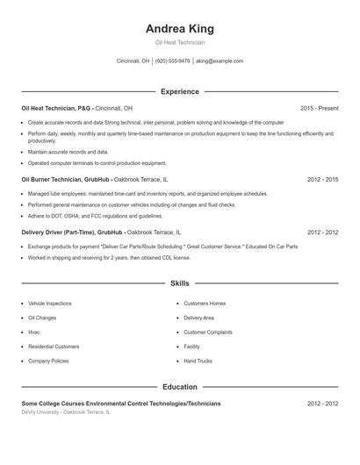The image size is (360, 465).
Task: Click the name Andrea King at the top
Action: click(179, 28)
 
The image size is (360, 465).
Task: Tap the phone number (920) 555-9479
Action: click(173, 61)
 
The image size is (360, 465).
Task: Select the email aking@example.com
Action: click(220, 61)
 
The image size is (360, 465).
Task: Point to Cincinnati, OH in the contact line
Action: click(133, 61)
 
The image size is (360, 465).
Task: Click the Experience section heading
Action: click(179, 91)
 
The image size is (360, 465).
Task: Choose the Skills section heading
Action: click(179, 283)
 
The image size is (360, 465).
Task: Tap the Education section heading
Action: click(179, 386)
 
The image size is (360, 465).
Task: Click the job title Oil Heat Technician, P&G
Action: click(56, 108)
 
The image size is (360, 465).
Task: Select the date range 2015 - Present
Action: click(319, 108)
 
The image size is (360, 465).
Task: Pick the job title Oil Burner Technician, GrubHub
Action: click(66, 179)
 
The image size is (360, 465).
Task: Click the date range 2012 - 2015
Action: click(322, 179)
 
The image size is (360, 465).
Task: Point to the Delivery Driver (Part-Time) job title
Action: click(58, 232)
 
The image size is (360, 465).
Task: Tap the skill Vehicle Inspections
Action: click(50, 303)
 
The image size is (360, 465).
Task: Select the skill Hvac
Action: click(34, 332)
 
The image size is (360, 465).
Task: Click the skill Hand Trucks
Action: click(198, 361)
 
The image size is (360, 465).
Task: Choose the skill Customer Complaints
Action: click(208, 332)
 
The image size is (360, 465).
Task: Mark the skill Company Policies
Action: click(48, 361)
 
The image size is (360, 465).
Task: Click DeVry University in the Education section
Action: click(41, 411)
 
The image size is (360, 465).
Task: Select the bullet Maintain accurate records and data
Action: click(68, 152)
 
